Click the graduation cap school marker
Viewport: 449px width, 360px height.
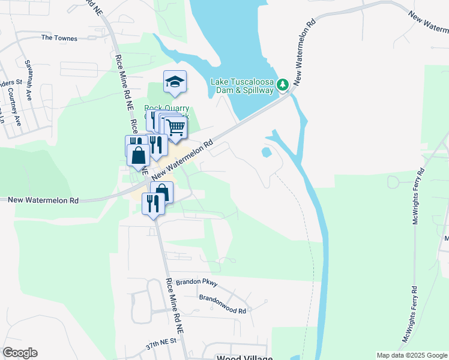175,82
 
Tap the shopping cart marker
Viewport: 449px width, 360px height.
175,127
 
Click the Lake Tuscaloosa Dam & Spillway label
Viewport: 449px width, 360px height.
242,86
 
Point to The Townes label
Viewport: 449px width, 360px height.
59,38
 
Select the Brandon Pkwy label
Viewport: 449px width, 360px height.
192,283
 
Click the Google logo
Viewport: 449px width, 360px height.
20,353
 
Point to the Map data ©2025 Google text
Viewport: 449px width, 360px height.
411,355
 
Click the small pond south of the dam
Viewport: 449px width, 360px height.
267,152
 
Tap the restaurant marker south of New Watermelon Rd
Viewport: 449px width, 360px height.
152,204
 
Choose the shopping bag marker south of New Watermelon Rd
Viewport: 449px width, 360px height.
161,191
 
